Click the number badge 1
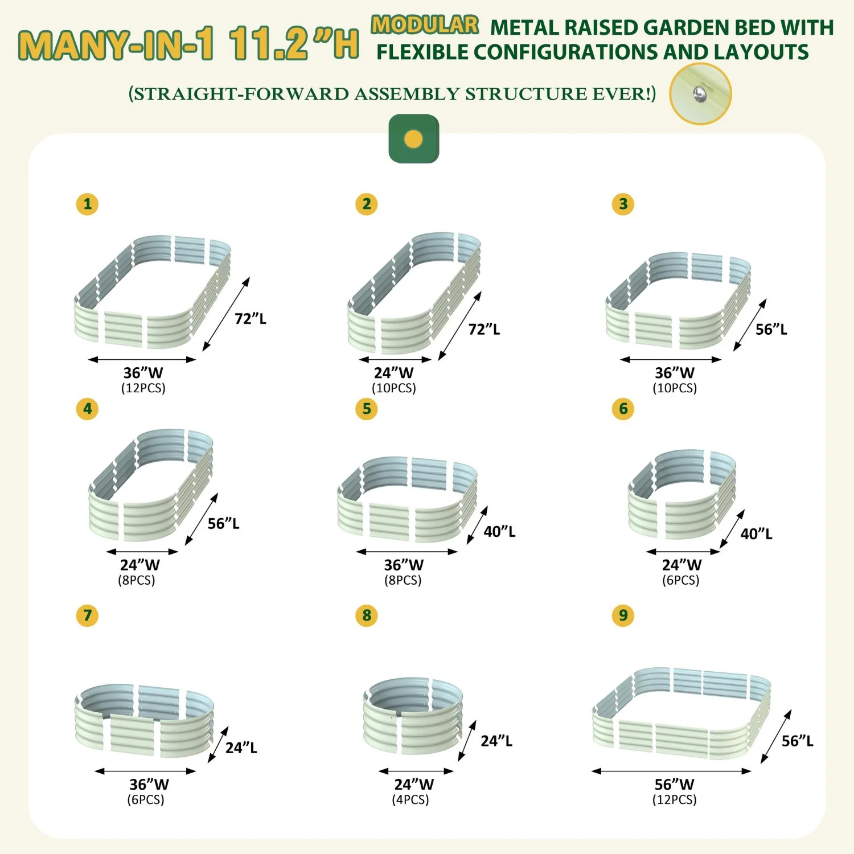coord(87,204)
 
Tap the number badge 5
coord(367,409)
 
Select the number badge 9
coord(623,615)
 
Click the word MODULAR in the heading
coord(425,25)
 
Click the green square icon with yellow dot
coord(414,139)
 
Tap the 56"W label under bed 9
coord(674,785)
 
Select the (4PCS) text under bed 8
coord(410,800)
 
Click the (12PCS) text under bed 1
coord(143,388)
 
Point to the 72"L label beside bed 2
coord(484,329)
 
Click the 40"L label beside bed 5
coord(499,532)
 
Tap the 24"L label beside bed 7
coord(241,748)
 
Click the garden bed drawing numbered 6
coord(682,494)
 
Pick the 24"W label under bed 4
coord(139,565)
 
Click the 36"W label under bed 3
coord(674,373)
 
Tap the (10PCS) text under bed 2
coord(394,388)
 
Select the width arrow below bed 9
coord(671,771)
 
